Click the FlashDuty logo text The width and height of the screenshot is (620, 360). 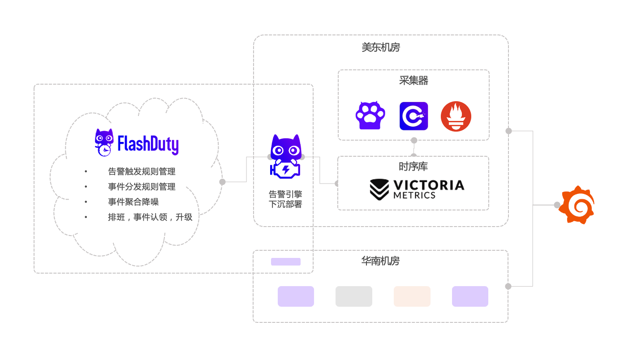148,144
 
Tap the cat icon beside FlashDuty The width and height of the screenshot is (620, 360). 104,143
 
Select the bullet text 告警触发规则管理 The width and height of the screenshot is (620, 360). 142,171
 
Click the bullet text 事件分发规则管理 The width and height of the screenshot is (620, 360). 142,187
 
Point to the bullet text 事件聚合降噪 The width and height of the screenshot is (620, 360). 133,202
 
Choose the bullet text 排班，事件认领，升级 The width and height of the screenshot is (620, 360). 150,217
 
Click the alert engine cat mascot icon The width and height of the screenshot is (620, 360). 285,156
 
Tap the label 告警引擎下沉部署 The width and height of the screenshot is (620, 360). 285,199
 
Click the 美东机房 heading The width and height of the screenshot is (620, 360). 381,47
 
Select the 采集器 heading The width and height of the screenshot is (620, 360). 413,81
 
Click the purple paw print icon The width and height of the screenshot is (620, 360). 370,116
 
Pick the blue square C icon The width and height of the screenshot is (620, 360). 413,116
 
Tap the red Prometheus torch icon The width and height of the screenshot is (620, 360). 456,116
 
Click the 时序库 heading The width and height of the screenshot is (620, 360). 413,167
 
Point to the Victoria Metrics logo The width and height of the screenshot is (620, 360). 417,189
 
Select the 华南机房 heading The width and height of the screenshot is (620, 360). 380,261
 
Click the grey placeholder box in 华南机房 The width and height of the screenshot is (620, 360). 354,296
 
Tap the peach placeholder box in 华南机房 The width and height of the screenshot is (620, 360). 412,296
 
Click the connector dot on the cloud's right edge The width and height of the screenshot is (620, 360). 222,182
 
